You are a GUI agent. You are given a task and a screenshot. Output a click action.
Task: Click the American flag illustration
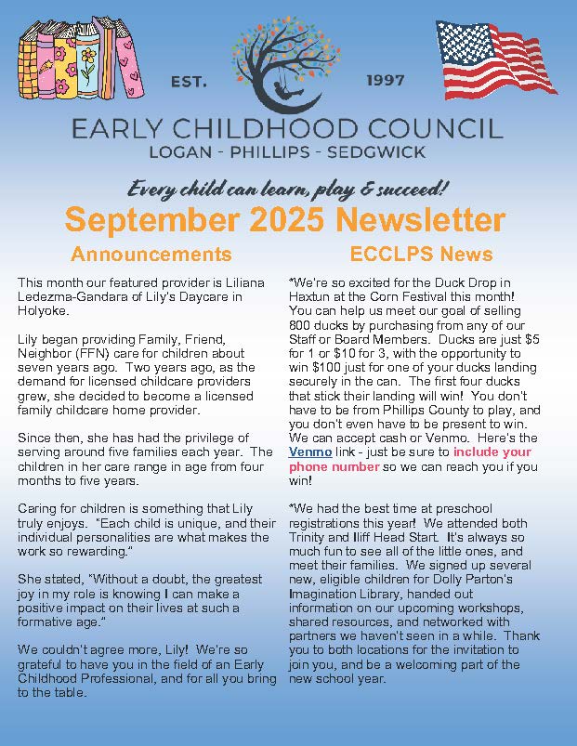click(x=497, y=58)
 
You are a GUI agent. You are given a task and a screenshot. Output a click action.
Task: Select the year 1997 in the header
click(x=386, y=81)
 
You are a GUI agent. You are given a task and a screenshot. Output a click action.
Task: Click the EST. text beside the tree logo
click(x=190, y=82)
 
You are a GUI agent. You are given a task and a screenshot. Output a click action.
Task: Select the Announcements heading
click(x=151, y=254)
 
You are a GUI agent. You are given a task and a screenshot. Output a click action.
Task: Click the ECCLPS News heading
click(x=421, y=254)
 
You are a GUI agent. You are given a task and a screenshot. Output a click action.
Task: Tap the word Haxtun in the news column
click(x=311, y=295)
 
